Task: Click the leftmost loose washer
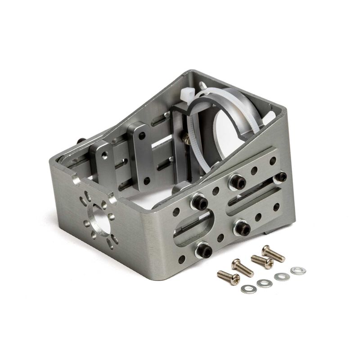[x=246, y=289]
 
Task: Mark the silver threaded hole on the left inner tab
[x=103, y=154]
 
